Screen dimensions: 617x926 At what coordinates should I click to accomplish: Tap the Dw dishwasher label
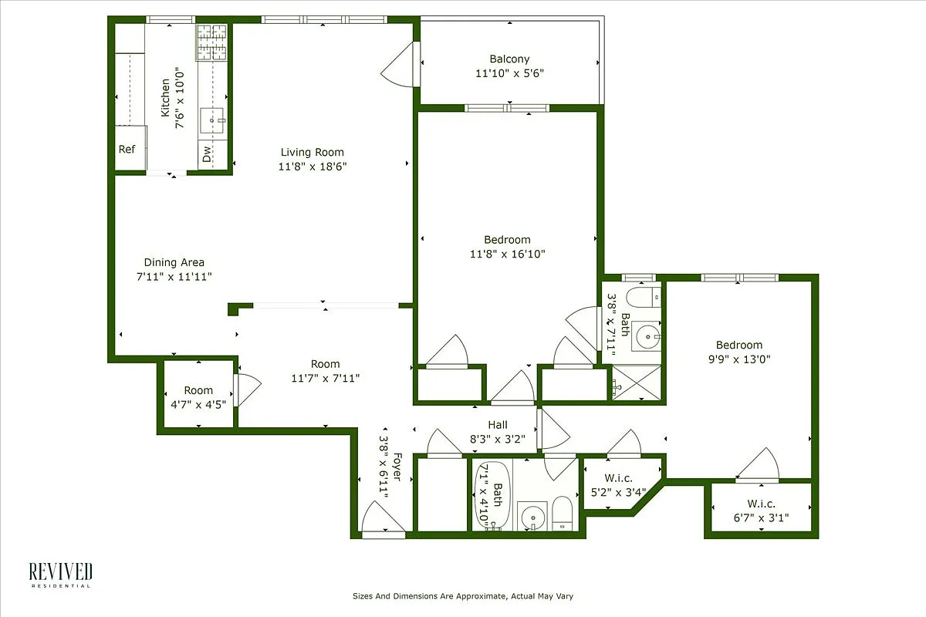click(x=207, y=154)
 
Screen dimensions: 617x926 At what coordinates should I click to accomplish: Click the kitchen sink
click(x=212, y=120)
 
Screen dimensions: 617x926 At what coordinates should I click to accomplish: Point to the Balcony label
click(x=509, y=59)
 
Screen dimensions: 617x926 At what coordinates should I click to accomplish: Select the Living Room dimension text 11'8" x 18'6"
click(x=312, y=167)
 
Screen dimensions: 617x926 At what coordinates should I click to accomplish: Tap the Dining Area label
click(x=174, y=262)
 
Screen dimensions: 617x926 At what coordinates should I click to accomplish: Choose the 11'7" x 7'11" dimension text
click(x=326, y=378)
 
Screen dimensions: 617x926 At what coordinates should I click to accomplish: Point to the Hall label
click(x=497, y=425)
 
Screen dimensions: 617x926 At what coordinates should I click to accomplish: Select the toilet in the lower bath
click(x=562, y=514)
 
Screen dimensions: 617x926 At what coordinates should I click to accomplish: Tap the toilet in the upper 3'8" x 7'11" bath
click(x=643, y=297)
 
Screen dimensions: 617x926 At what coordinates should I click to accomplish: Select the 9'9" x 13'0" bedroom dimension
click(x=738, y=359)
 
